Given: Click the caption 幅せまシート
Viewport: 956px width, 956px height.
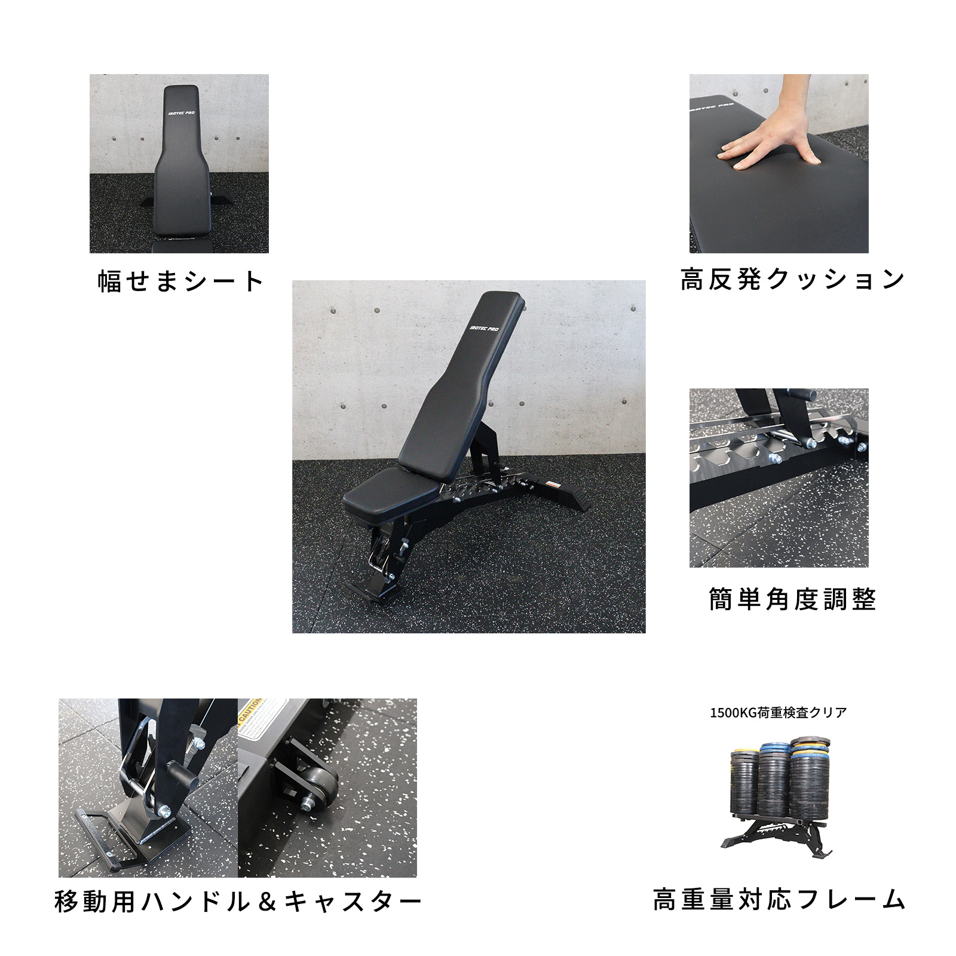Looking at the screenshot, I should (180, 281).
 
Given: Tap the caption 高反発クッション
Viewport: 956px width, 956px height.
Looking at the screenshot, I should (792, 279).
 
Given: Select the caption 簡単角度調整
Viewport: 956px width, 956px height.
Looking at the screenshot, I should (792, 599).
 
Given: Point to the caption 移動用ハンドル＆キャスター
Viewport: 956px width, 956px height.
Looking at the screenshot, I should (238, 902).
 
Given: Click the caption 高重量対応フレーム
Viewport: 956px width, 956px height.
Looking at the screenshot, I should (779, 899).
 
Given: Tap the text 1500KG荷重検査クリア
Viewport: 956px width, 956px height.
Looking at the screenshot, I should (778, 712).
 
